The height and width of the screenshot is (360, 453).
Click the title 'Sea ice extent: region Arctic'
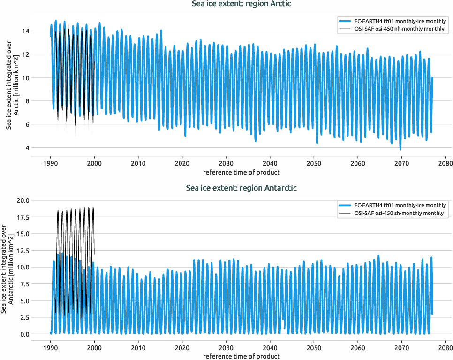pos(242,4)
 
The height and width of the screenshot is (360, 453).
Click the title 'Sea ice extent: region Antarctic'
pos(242,188)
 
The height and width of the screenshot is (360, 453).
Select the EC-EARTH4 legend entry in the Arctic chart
pos(392,21)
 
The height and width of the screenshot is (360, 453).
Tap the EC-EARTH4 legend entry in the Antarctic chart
pos(392,205)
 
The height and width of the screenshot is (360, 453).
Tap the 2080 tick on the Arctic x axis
pos(445,164)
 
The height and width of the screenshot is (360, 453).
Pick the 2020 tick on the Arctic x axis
pos(182,164)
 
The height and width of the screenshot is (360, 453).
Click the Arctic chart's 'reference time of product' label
pos(242,172)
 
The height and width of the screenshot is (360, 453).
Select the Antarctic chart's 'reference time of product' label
pos(242,356)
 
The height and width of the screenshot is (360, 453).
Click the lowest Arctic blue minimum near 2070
pos(400,149)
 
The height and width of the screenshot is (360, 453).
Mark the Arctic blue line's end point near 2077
pos(432,78)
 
